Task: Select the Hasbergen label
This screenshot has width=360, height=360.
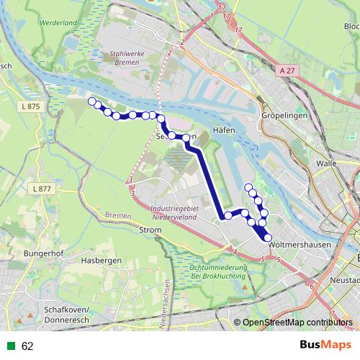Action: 99,260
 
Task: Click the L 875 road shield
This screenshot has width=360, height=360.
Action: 30,107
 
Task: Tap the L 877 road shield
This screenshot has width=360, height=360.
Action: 42,189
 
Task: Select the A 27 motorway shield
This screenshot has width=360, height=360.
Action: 288,71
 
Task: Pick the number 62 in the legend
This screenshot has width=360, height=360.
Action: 27,346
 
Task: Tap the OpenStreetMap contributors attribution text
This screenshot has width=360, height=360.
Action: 298,323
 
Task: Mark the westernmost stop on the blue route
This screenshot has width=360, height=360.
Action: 91,101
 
